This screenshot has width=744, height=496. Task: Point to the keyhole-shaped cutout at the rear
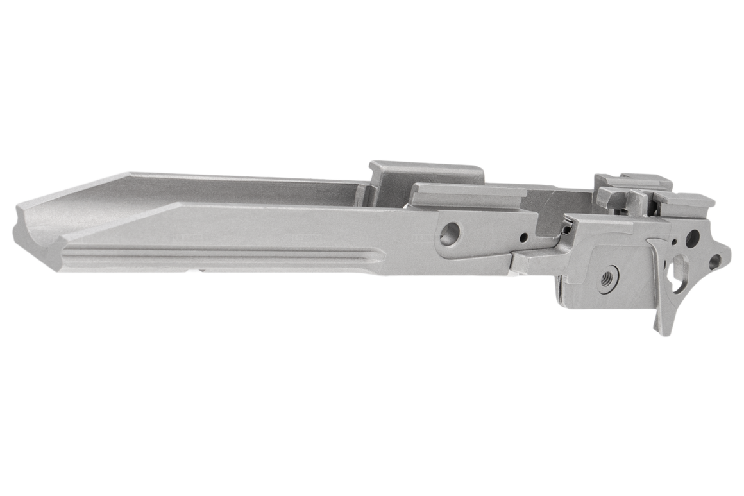coord(677,273)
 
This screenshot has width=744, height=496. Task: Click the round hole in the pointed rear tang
coord(716,261)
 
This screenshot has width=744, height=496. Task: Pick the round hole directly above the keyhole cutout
coord(692,238)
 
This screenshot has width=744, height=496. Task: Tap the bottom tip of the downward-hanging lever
coord(663,329)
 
